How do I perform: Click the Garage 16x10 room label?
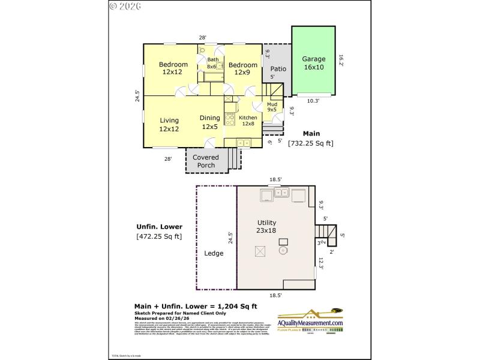pyautogui.click(x=313, y=63)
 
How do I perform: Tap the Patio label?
pyautogui.click(x=278, y=68)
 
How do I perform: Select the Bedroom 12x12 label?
pyautogui.click(x=173, y=68)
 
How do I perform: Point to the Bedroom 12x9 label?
pyautogui.click(x=242, y=68)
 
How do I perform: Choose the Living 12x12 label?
pyautogui.click(x=169, y=125)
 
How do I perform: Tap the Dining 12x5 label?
pyautogui.click(x=210, y=122)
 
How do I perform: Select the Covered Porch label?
pyautogui.click(x=206, y=161)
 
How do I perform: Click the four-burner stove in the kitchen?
pyautogui.click(x=229, y=119)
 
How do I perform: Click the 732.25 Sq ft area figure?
pyautogui.click(x=310, y=143)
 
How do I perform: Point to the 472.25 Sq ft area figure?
pyautogui.click(x=159, y=236)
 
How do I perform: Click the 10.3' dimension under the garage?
pyautogui.click(x=313, y=101)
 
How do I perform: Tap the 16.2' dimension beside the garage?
pyautogui.click(x=340, y=60)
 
